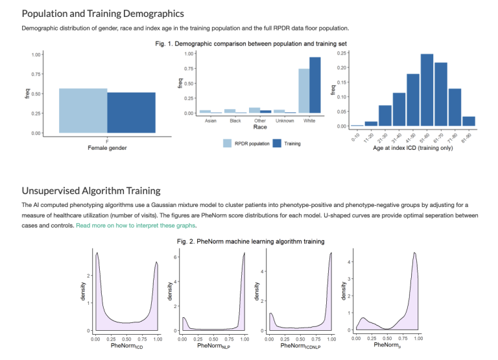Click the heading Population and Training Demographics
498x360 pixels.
coord(103,14)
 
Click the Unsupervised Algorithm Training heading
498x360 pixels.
coord(91,191)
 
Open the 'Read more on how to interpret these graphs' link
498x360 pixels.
coord(136,225)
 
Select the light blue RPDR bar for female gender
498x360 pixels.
coord(83,110)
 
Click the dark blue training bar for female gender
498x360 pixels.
coord(131,112)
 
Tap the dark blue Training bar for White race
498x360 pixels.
coord(315,85)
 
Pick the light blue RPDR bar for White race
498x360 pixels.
coord(303,91)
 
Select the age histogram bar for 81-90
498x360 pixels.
coord(469,121)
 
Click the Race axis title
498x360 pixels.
coord(259,128)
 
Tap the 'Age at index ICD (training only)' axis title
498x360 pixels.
coord(414,149)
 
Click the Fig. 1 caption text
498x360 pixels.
coord(251,43)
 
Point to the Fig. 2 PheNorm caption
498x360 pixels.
coord(251,241)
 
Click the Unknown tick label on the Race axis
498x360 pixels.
coord(285,121)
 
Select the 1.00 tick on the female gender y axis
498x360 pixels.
coord(37,54)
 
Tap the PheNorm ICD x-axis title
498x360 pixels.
coord(126,346)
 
